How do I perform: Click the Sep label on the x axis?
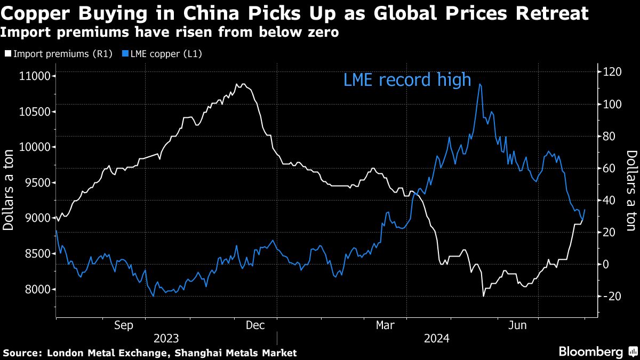point(124,325)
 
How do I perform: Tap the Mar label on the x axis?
point(386,325)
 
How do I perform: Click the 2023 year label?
point(166,339)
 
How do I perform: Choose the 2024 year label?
point(437,339)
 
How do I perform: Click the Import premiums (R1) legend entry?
point(59,54)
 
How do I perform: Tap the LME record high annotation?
point(407,80)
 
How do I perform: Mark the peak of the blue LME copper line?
point(481,84)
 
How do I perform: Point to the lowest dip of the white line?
point(483,295)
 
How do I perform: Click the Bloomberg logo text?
point(590,352)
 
